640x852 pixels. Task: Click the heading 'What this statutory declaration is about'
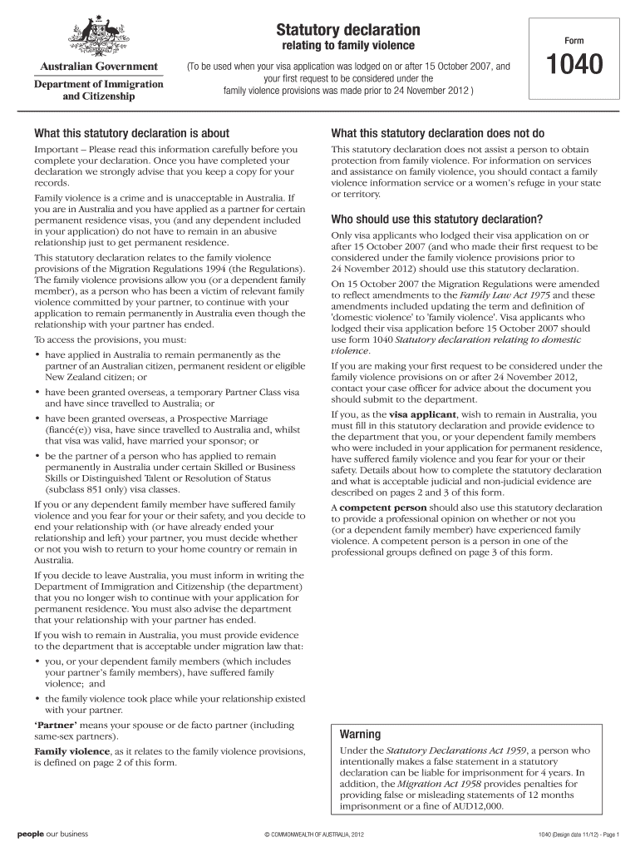pos(131,133)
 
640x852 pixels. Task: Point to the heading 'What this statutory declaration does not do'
pos(437,133)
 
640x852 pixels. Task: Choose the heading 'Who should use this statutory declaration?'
pos(436,220)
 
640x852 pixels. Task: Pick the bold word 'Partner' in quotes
pos(56,725)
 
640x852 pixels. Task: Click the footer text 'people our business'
pos(53,834)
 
